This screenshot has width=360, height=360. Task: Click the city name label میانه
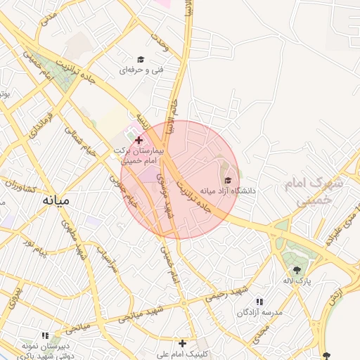(x=56, y=200)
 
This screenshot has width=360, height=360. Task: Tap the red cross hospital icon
(x=139, y=141)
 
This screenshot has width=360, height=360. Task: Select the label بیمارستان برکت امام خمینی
(x=139, y=156)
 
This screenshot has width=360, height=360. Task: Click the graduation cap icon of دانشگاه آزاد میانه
(x=226, y=180)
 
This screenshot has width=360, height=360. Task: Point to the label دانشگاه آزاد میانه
(x=227, y=191)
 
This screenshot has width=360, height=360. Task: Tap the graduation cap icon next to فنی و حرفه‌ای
(x=141, y=60)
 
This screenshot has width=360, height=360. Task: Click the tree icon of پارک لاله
(x=297, y=270)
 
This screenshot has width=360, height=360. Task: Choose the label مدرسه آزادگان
(x=261, y=311)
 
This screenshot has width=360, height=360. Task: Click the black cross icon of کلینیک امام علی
(x=183, y=343)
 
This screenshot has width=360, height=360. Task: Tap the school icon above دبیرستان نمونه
(x=47, y=336)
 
